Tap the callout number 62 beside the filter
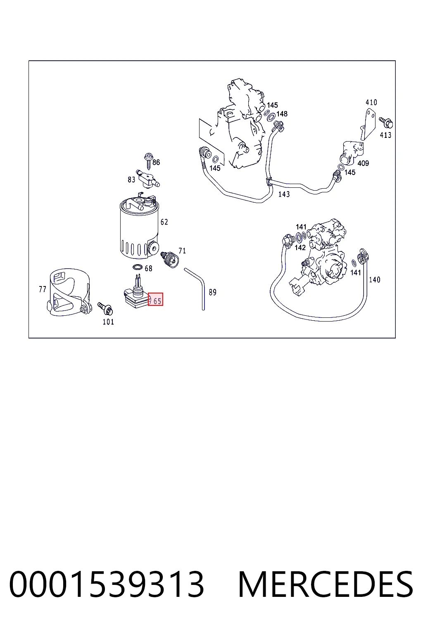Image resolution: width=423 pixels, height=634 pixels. coord(164,222)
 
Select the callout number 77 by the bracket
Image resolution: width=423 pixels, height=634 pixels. coord(43,289)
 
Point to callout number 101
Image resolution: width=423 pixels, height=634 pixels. coord(108,322)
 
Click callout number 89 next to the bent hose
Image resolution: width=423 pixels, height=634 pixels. coord(212,292)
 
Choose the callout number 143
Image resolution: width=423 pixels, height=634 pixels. coord(284,194)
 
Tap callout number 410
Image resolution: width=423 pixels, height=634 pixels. coord(371,102)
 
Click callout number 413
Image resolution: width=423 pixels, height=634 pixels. coord(385,135)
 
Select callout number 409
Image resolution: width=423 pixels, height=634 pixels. coord(363,163)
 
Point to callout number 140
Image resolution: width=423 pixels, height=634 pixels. coord(375,279)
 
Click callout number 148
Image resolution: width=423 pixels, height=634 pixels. coord(282,114)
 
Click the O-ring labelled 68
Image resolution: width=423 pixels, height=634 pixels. coord(138,267)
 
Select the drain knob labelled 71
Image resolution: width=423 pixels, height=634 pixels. coord(170,259)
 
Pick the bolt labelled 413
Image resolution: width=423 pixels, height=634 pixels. coord(386,123)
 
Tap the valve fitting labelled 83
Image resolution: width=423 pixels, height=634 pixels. coord(147,179)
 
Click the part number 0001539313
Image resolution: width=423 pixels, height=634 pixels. coord(107,584)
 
